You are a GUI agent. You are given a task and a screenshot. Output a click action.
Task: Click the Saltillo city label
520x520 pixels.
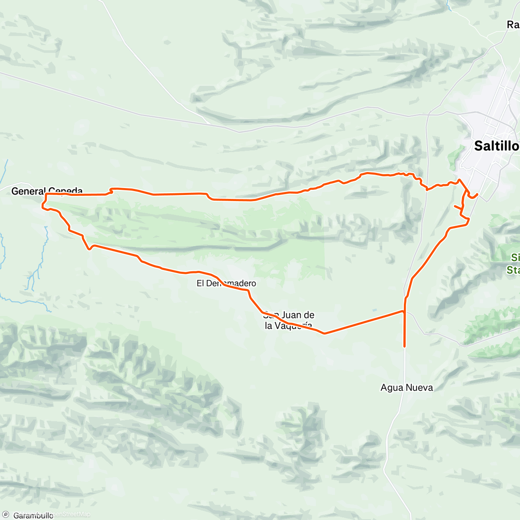click(496, 146)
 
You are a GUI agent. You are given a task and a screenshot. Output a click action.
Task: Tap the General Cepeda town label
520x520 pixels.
click(47, 191)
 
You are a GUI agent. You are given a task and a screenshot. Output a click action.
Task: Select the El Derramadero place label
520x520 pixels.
click(226, 283)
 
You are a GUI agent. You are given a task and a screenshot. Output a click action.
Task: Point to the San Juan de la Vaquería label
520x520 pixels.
click(289, 320)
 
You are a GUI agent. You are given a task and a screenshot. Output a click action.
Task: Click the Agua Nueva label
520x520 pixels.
click(406, 387)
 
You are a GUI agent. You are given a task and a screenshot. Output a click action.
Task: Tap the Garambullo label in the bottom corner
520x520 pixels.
click(33, 515)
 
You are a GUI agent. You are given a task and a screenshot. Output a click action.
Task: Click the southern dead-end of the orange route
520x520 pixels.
click(404, 346)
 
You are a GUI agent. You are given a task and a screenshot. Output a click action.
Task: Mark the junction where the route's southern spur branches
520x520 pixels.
click(404, 311)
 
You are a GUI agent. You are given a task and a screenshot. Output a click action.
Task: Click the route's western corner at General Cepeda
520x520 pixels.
click(43, 207)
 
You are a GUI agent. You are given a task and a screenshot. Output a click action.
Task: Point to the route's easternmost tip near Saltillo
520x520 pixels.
click(477, 195)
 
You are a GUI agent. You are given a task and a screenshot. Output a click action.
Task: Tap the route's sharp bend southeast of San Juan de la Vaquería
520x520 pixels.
click(324, 333)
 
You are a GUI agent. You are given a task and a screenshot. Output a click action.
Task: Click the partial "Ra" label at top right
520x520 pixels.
click(513, 25)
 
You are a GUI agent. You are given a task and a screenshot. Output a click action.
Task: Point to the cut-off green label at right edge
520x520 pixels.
click(514, 263)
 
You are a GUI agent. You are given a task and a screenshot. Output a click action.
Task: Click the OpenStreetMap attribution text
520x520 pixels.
click(71, 514)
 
